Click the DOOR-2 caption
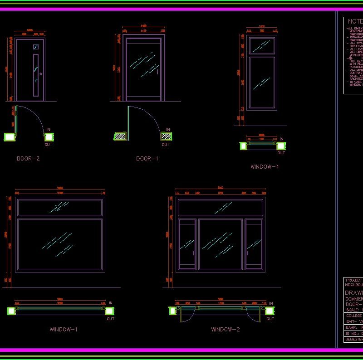pos(28,159)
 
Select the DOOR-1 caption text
pos(147,159)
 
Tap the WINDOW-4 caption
pos(265,167)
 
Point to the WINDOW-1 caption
pos(63,329)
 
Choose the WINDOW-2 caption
pos(225,329)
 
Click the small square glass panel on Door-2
pos(36,46)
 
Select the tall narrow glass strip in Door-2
pos(36,75)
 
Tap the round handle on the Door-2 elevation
pos(41,74)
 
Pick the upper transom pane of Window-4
pos(262,45)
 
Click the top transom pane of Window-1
pos(60,207)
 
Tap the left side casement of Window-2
pos(187,244)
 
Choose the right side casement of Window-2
pos(254,244)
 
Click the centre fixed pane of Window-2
pos(220,244)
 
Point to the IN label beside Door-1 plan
pos(168,130)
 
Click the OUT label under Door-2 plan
pos(48,145)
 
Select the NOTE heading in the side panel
pos(355,21)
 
